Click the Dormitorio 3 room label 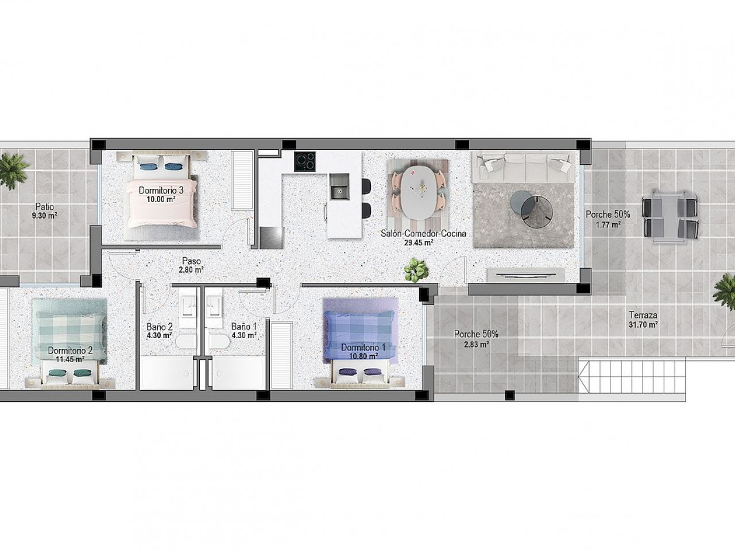point(161,191)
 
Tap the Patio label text point(45,207)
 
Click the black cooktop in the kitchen point(305,161)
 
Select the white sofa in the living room point(524,166)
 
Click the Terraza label point(643,315)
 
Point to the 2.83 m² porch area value point(476,344)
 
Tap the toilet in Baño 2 point(185,342)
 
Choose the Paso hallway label point(192,261)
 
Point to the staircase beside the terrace point(631,379)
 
